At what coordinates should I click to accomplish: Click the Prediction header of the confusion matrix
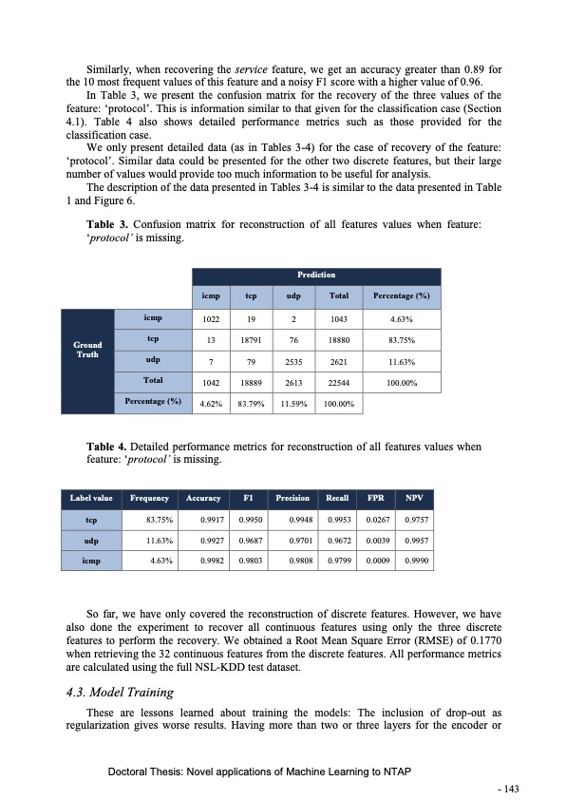[316, 275]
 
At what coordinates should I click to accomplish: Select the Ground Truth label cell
[87, 350]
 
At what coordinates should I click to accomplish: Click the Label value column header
[90, 497]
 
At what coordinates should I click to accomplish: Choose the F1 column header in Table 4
[248, 497]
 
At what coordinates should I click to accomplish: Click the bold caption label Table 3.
[106, 223]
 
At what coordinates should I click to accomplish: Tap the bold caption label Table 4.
[106, 445]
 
